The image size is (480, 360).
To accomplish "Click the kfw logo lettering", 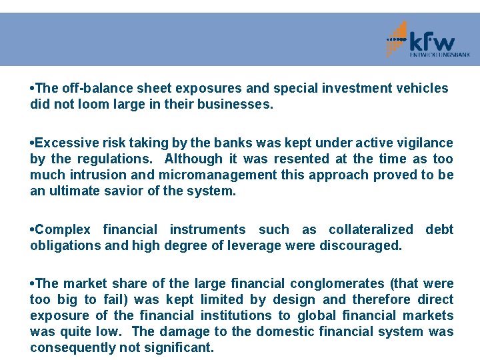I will tap(431, 42).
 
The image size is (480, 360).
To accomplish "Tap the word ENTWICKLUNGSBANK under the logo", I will tap(439, 55).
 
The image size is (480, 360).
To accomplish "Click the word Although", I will tap(193, 159).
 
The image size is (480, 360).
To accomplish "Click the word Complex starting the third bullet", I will tap(63, 229).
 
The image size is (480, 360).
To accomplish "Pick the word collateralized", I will tap(371, 229).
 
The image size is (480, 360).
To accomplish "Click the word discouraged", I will tap(363, 245).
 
